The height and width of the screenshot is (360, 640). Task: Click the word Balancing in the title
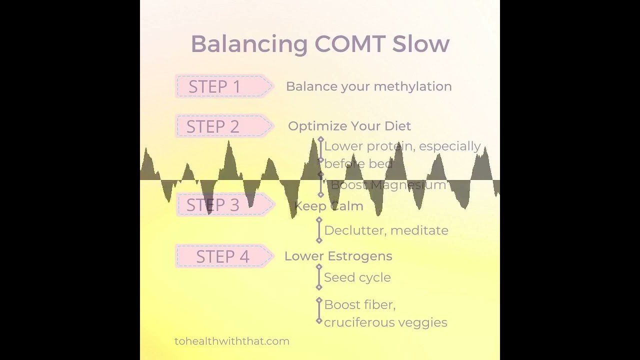click(x=248, y=44)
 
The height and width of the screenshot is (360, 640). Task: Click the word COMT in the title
click(x=349, y=44)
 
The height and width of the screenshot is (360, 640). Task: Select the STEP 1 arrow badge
click(x=223, y=86)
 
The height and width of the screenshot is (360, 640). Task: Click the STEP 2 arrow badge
click(x=223, y=126)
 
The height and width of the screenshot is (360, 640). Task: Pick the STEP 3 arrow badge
click(x=223, y=205)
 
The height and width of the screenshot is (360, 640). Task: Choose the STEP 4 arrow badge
click(x=223, y=256)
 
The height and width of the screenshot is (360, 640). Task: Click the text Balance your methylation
click(x=368, y=86)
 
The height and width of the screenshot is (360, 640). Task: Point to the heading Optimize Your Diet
click(x=349, y=126)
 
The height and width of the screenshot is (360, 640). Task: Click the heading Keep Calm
click(x=328, y=206)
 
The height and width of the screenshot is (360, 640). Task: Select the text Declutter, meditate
click(x=386, y=230)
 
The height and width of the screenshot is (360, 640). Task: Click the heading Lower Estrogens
click(x=338, y=256)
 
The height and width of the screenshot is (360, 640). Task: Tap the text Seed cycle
click(x=357, y=277)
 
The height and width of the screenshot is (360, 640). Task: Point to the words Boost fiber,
click(x=359, y=305)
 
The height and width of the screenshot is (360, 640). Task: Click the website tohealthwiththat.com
click(x=232, y=341)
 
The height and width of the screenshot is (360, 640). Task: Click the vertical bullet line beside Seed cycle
click(x=319, y=277)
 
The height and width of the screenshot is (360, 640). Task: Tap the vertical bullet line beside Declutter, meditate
click(x=319, y=230)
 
